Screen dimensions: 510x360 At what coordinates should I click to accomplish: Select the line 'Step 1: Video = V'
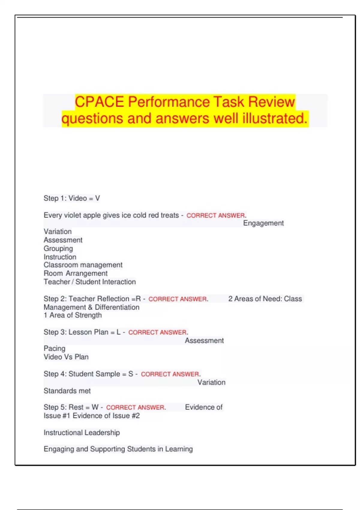point(72,198)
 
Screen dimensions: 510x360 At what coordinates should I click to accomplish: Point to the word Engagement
point(263,223)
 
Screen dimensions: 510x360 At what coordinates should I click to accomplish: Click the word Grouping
point(58,249)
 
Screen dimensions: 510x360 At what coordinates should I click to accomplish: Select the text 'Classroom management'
point(83,265)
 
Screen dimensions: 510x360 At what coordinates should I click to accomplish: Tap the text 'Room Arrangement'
point(75,274)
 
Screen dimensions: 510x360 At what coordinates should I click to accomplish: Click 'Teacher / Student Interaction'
point(89,282)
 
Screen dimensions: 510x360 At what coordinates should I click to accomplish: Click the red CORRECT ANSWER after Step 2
point(178,299)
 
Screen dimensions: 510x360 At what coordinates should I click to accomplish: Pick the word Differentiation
point(117,307)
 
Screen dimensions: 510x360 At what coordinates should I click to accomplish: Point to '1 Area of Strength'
point(73,315)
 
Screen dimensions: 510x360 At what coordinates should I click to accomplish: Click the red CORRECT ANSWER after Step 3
point(157,332)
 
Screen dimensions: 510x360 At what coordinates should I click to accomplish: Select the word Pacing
point(54,349)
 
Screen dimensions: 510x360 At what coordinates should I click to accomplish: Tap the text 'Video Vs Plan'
point(66,357)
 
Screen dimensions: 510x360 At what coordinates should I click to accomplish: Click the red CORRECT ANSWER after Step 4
point(170,374)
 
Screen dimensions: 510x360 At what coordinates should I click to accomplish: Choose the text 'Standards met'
point(67,391)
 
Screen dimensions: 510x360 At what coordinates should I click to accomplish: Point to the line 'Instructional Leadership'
point(82,433)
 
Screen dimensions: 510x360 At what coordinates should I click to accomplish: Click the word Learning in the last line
point(179,449)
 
